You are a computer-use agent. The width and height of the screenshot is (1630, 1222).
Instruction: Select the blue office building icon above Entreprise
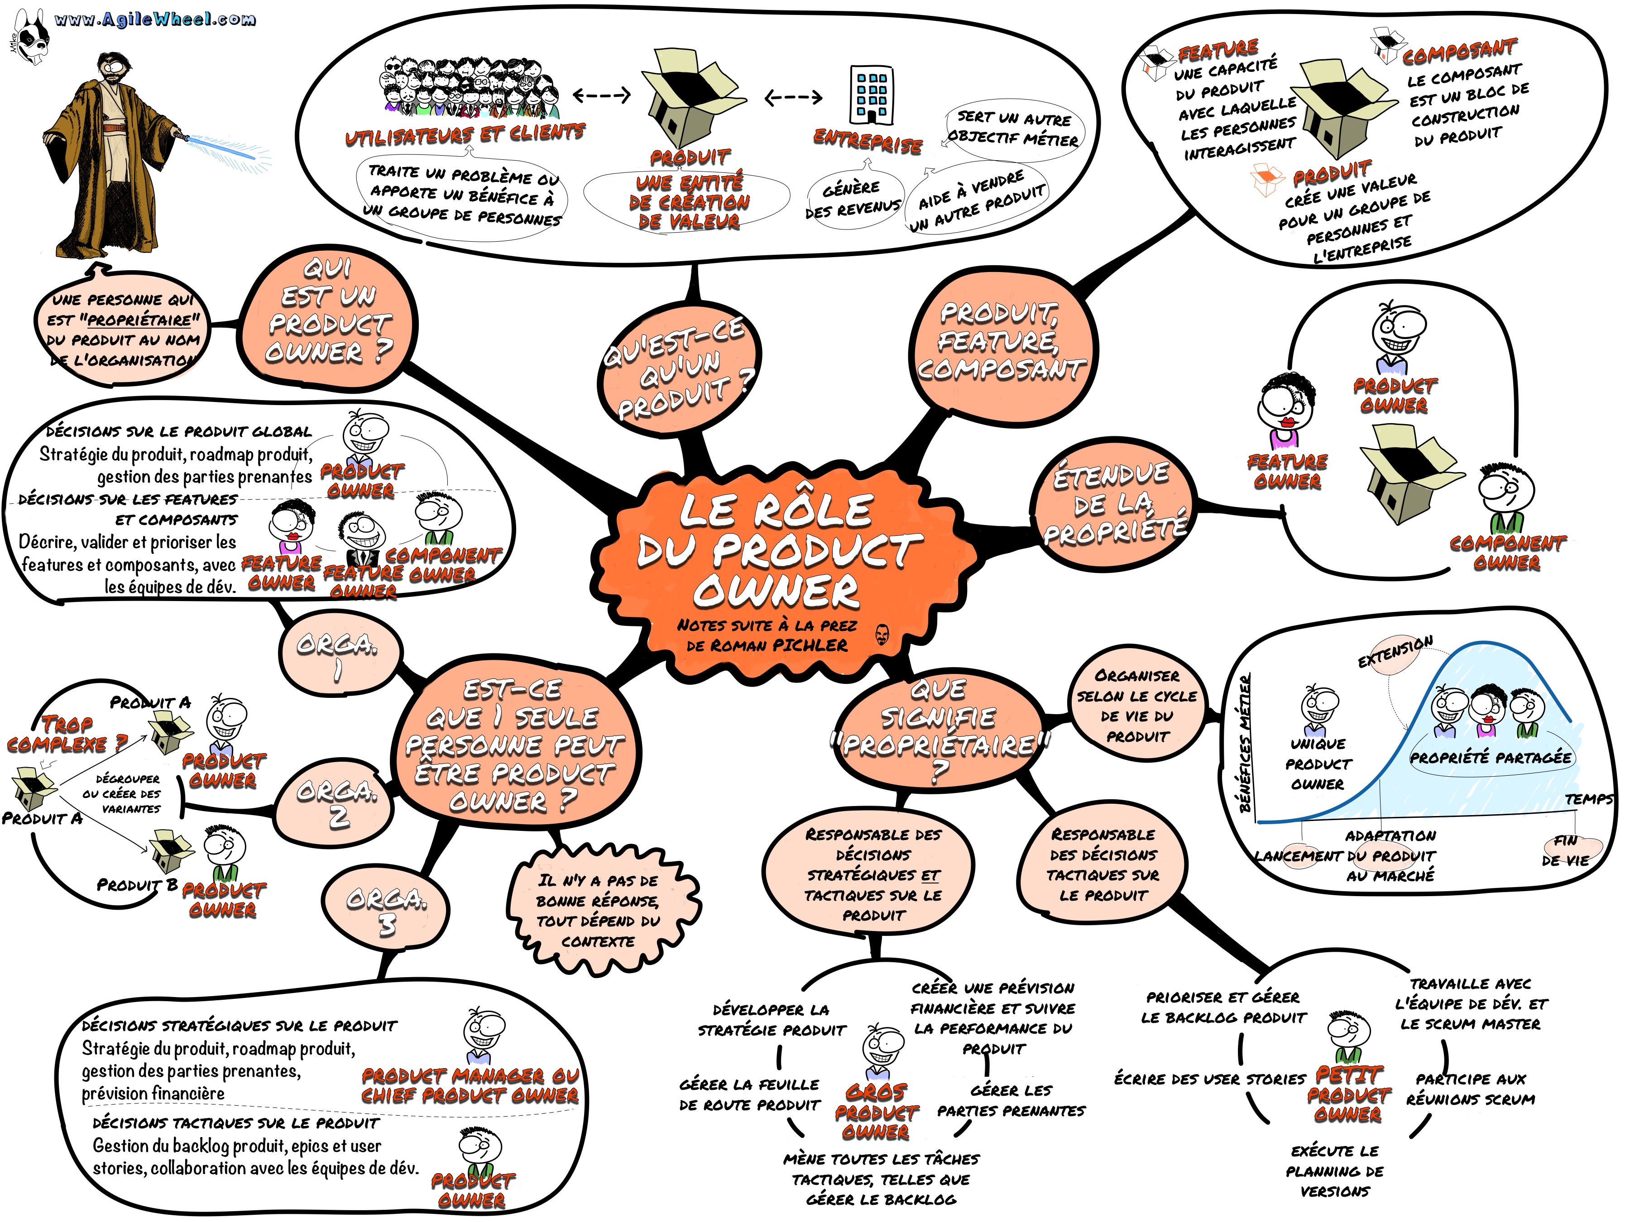coord(872,94)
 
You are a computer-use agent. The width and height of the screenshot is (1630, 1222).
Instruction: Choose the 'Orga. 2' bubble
coord(337,803)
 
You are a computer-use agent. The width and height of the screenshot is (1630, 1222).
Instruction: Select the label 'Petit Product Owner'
coord(1348,1094)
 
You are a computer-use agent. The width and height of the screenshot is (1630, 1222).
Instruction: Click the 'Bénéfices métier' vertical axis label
coord(1245,744)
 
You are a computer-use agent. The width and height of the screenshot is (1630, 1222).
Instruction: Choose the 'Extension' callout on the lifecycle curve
coord(1395,651)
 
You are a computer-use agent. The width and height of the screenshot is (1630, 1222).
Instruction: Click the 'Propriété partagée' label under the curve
coord(1490,757)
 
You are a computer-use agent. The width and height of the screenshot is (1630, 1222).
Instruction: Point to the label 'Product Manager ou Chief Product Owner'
coord(470,1085)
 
